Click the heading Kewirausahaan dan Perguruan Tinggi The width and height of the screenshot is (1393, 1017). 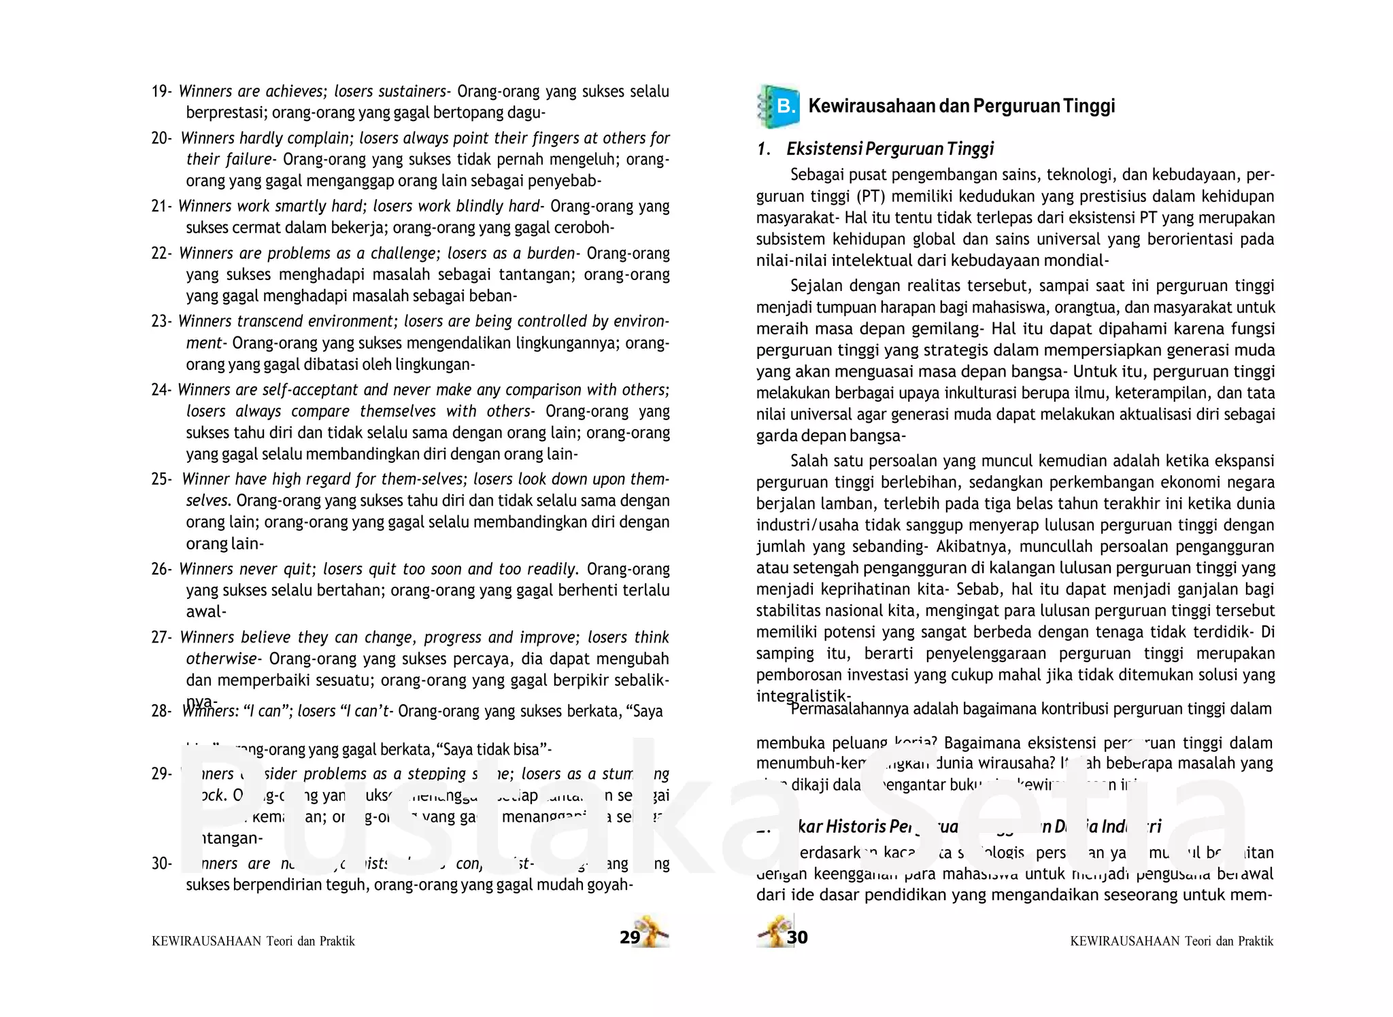click(961, 106)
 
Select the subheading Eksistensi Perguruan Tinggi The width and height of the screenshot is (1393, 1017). click(890, 149)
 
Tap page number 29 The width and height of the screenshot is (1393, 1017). click(630, 937)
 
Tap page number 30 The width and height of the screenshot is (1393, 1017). click(797, 937)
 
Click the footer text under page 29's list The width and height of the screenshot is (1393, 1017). click(253, 942)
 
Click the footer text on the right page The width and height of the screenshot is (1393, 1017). click(1171, 942)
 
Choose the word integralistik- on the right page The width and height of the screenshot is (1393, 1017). click(803, 696)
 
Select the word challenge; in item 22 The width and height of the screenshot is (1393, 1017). click(403, 254)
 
